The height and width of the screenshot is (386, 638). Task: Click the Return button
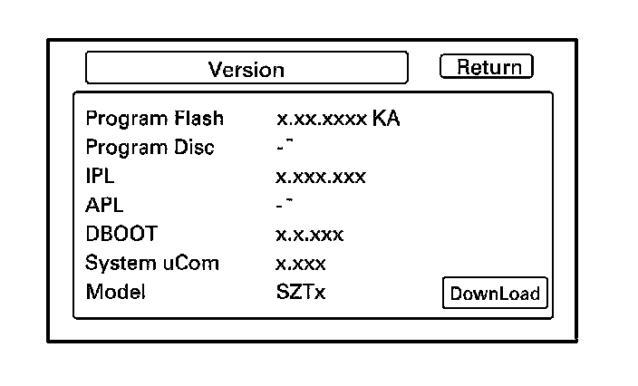pyautogui.click(x=487, y=67)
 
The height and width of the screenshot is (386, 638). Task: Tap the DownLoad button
pyautogui.click(x=495, y=293)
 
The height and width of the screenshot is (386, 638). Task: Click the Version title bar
pyautogui.click(x=246, y=69)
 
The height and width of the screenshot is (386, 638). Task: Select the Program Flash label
pyautogui.click(x=154, y=119)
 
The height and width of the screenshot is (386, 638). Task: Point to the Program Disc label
pyautogui.click(x=150, y=148)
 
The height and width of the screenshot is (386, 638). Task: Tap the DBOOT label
pyautogui.click(x=121, y=235)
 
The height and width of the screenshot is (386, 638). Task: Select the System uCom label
pyautogui.click(x=152, y=264)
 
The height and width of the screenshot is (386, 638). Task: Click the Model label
pyautogui.click(x=115, y=293)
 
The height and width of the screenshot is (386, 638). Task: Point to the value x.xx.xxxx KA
pyautogui.click(x=338, y=119)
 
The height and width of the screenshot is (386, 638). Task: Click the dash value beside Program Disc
pyautogui.click(x=284, y=147)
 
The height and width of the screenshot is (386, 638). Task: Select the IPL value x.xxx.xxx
pyautogui.click(x=321, y=177)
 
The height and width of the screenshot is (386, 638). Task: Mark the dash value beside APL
pyautogui.click(x=284, y=205)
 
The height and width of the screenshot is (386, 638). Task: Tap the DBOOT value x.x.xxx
pyautogui.click(x=310, y=235)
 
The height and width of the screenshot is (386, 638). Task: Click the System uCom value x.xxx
pyautogui.click(x=301, y=264)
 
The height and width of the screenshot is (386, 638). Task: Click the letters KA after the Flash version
pyautogui.click(x=386, y=119)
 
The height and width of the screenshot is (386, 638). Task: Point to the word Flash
pyautogui.click(x=199, y=119)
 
